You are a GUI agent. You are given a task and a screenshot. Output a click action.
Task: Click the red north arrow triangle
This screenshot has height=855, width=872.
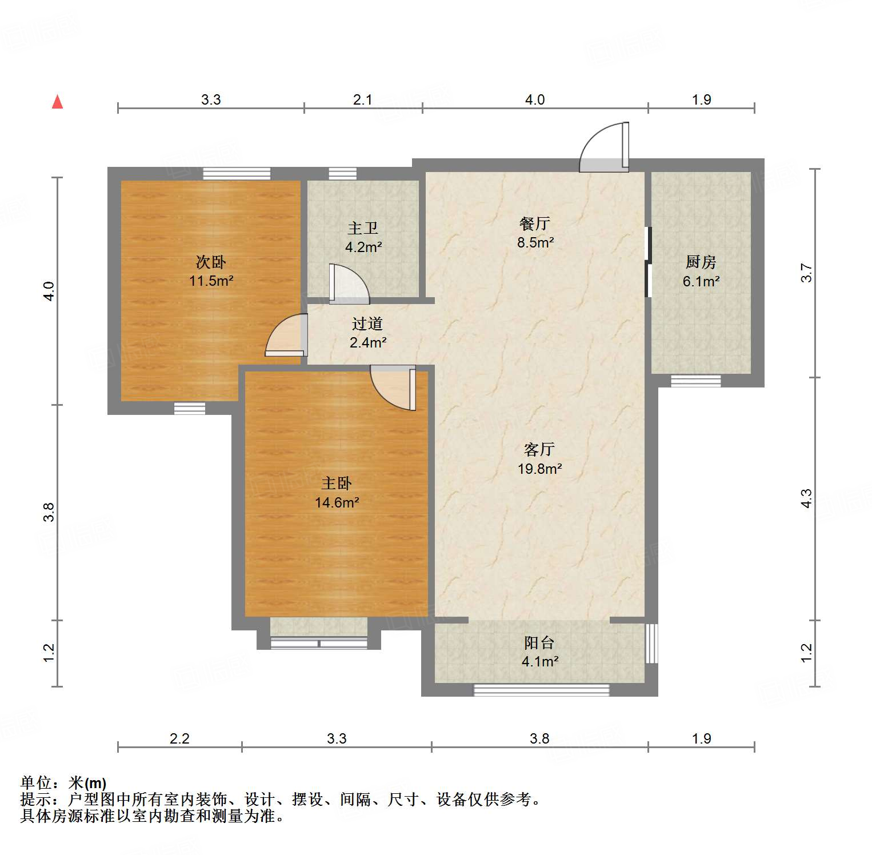[x=57, y=102]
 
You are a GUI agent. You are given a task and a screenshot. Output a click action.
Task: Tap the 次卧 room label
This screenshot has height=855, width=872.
[x=211, y=262]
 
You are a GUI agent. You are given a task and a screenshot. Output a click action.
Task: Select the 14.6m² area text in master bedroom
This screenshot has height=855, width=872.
[x=337, y=502]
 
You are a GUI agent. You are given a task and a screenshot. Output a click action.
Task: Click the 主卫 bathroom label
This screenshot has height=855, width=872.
[x=363, y=228]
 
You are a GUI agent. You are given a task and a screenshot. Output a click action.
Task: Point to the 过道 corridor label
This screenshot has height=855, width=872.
[x=367, y=323]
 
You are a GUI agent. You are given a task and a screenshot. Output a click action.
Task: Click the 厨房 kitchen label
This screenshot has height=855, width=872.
[x=701, y=262]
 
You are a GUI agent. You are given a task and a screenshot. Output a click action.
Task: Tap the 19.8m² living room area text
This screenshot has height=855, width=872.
[x=539, y=469]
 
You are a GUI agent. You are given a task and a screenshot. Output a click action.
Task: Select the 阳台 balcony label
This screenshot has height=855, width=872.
[x=539, y=642]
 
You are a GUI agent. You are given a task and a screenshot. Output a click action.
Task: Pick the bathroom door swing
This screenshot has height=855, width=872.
[x=349, y=283]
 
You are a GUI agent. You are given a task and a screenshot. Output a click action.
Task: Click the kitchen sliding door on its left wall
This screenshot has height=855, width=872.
[x=648, y=262]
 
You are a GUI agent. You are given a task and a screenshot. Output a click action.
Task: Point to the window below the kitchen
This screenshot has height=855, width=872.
[x=695, y=380]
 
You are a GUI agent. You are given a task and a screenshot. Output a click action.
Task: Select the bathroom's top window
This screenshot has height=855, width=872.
[x=342, y=173]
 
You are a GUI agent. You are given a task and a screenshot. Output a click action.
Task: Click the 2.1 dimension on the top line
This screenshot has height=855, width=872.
[x=362, y=99]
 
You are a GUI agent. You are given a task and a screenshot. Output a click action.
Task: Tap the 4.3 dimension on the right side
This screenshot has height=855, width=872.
[x=806, y=498]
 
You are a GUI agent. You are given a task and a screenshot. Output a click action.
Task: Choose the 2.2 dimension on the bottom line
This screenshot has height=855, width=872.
[x=179, y=738]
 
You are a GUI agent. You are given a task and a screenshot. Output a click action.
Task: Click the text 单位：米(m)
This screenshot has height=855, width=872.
[x=63, y=782]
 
